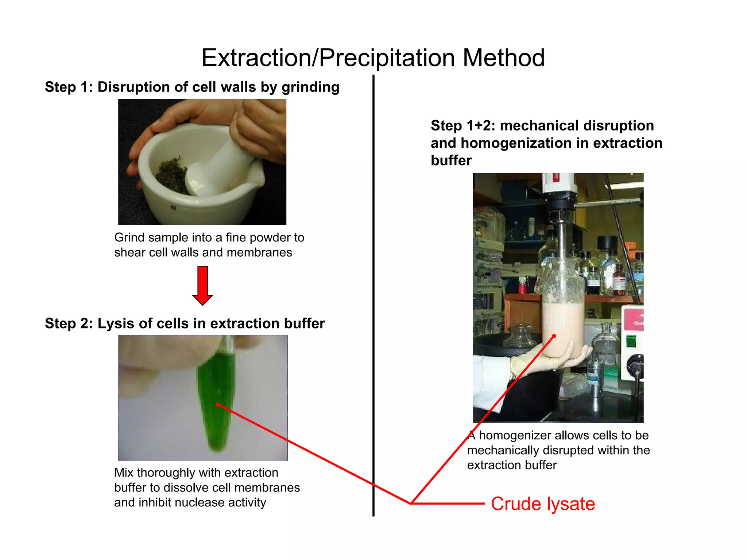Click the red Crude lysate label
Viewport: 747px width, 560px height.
pyautogui.click(x=543, y=504)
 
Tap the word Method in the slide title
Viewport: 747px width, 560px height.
pyautogui.click(x=504, y=58)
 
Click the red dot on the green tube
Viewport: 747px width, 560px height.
pyautogui.click(x=218, y=404)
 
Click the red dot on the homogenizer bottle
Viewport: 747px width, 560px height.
pyautogui.click(x=554, y=336)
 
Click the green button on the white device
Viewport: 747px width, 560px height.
pyautogui.click(x=631, y=342)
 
